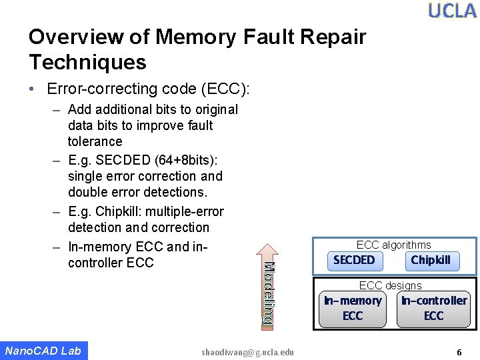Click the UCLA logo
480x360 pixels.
tap(452, 11)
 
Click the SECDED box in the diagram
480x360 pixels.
tap(354, 260)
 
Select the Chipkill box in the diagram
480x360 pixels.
tap(431, 260)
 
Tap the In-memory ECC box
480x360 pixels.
tap(353, 308)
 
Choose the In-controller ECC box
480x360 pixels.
tap(433, 308)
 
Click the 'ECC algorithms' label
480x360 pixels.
tap(393, 245)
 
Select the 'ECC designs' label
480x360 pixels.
tap(390, 285)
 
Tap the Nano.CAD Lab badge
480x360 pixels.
tap(43, 351)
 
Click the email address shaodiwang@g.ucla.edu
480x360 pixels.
tap(247, 352)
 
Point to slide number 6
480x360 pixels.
tap(459, 352)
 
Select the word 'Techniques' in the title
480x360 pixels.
tap(87, 63)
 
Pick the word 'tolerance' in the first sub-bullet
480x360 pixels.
tap(95, 141)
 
